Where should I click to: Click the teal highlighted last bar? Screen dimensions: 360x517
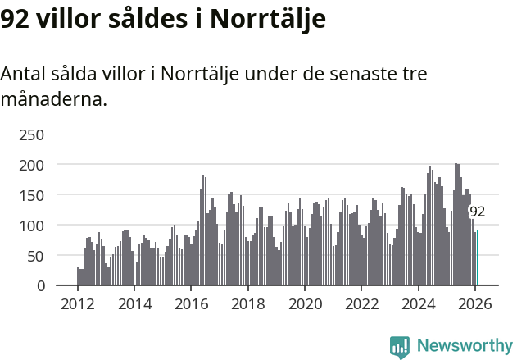pos(478,257)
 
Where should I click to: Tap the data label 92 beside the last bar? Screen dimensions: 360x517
pos(477,212)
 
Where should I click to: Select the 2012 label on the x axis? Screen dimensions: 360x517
pos(78,304)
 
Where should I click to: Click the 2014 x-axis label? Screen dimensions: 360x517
pos(134,304)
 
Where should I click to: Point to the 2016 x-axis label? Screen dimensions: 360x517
pos(191,304)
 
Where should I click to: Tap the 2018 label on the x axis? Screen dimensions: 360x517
pos(247,304)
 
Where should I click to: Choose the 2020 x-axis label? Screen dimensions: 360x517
pos(305,304)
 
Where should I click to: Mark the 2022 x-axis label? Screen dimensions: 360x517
pos(361,304)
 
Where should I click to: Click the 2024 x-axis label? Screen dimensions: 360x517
pos(418,304)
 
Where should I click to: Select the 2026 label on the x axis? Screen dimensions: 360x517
pos(474,304)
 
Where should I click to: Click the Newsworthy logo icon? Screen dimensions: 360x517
pos(400,346)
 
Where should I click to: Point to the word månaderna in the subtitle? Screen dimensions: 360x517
pos(53,100)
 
